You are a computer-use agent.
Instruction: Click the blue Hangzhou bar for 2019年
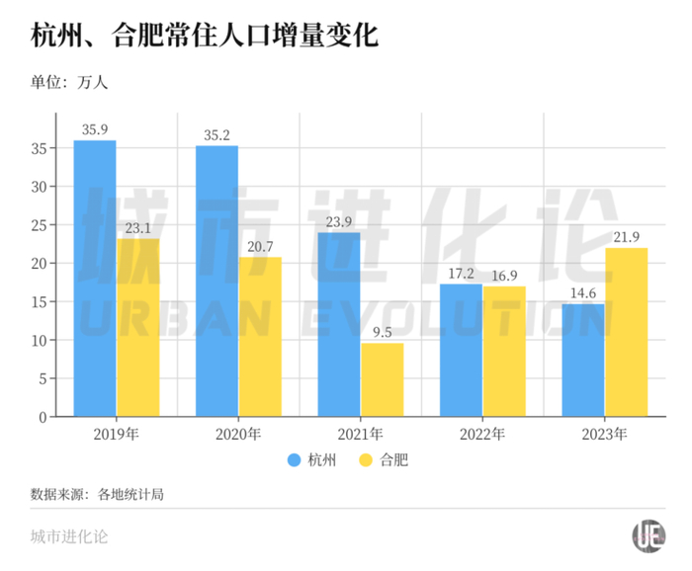tap(95, 279)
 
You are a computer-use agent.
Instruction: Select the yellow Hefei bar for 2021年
tap(382, 379)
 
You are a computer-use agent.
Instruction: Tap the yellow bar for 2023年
tap(626, 332)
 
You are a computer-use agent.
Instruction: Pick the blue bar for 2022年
tap(460, 350)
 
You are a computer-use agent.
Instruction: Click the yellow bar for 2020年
tap(259, 336)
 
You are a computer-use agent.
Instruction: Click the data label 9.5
tap(382, 331)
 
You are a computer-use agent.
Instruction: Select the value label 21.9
tap(627, 236)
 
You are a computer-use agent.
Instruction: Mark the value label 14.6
tap(583, 292)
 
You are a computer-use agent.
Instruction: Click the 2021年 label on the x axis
tap(361, 434)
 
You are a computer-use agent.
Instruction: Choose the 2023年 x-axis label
tap(605, 434)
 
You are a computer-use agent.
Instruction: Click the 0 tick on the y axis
tap(43, 417)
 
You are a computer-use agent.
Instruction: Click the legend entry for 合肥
tap(381, 460)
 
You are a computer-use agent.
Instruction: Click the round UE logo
tap(649, 536)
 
